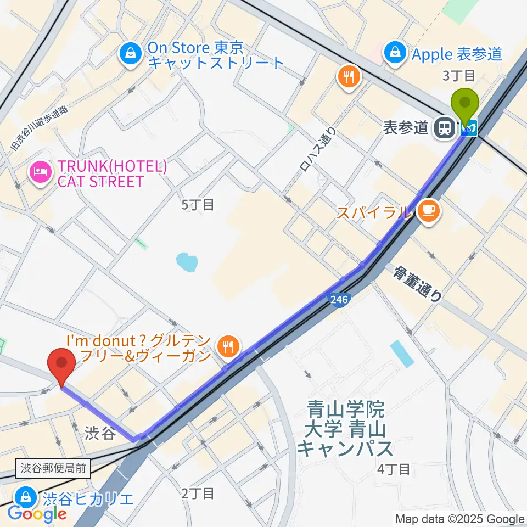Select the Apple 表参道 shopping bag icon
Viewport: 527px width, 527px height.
pyautogui.click(x=395, y=53)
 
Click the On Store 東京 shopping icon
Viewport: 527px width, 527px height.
pyautogui.click(x=131, y=54)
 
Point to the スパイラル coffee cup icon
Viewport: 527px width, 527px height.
pyautogui.click(x=428, y=211)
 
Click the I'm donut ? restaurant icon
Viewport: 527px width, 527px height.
pyautogui.click(x=227, y=346)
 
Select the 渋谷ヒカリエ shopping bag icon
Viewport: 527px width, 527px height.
pyautogui.click(x=26, y=497)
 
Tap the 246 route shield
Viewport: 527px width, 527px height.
pyautogui.click(x=338, y=300)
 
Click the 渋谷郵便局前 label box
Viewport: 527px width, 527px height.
pyautogui.click(x=54, y=468)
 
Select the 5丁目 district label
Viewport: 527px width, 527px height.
pyautogui.click(x=198, y=205)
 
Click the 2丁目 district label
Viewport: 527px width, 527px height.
pyautogui.click(x=198, y=493)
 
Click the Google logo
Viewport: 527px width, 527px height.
pyautogui.click(x=37, y=514)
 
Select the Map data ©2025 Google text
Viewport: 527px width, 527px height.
pyautogui.click(x=460, y=519)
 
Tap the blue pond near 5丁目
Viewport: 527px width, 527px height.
pyautogui.click(x=187, y=262)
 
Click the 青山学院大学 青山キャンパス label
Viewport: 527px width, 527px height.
pyautogui.click(x=346, y=429)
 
